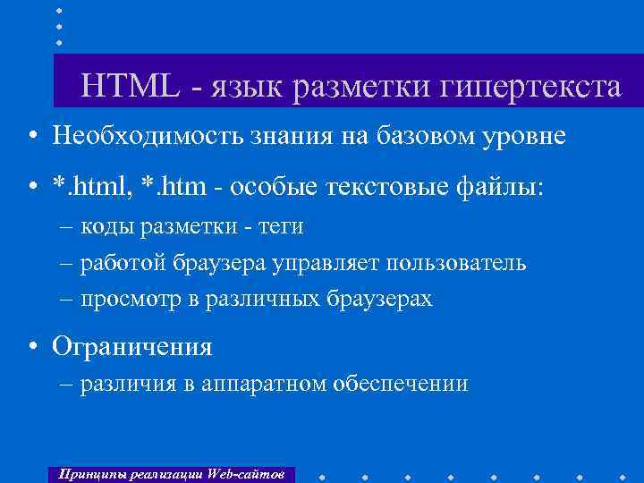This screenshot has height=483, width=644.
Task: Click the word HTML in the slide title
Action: pyautogui.click(x=131, y=87)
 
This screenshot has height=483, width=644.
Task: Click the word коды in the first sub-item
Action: pyautogui.click(x=108, y=227)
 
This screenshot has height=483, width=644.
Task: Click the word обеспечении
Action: pyautogui.click(x=400, y=385)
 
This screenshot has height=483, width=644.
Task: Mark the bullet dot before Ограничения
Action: pyautogui.click(x=31, y=346)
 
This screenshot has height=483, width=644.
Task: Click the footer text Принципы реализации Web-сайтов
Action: pyautogui.click(x=170, y=473)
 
